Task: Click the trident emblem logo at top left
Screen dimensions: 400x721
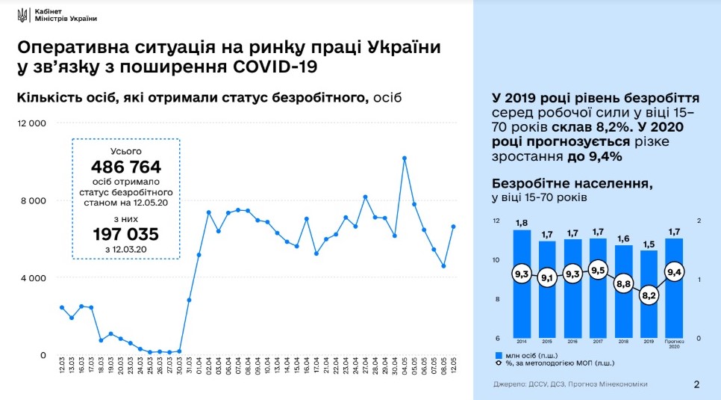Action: pyautogui.click(x=22, y=16)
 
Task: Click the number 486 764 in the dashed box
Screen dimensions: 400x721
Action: pyautogui.click(x=126, y=167)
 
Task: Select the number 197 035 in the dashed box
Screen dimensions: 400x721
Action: pyautogui.click(x=126, y=235)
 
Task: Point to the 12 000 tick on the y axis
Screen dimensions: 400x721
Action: pyautogui.click(x=32, y=123)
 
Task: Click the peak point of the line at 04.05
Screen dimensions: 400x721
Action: pyautogui.click(x=404, y=158)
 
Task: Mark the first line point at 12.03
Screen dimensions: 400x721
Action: pyautogui.click(x=62, y=307)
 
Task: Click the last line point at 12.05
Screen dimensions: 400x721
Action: pyautogui.click(x=453, y=227)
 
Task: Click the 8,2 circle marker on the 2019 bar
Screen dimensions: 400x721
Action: pyautogui.click(x=649, y=296)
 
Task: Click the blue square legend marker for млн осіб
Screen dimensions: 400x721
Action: pyautogui.click(x=498, y=355)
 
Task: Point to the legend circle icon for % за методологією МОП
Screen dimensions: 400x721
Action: pyautogui.click(x=498, y=365)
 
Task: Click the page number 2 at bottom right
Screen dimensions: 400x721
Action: pyautogui.click(x=696, y=385)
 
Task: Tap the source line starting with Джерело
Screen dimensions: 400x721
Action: pyautogui.click(x=560, y=384)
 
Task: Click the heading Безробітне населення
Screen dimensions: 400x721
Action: pyautogui.click(x=572, y=184)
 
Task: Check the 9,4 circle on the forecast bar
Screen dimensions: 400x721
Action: pyautogui.click(x=674, y=273)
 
